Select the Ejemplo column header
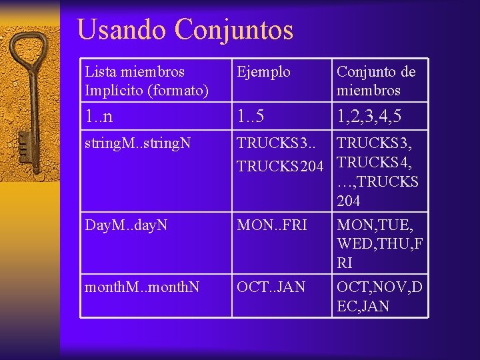pos(264,71)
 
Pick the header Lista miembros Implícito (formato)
pos(147,80)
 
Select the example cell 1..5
pos(251,117)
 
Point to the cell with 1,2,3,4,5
pos(378,117)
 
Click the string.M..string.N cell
pos(139,143)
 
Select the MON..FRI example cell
pos(273,226)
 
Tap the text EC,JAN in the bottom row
pos(364,306)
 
